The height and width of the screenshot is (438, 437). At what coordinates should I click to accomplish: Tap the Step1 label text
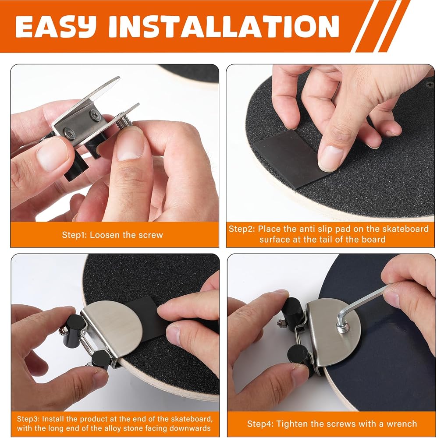(75, 235)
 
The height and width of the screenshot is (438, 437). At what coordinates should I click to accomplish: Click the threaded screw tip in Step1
(123, 122)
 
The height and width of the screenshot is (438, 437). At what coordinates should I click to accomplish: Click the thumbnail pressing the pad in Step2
(330, 158)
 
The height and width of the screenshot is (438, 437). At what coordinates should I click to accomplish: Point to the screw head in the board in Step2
(429, 84)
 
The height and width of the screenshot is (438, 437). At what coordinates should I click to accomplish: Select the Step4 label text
(260, 424)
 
